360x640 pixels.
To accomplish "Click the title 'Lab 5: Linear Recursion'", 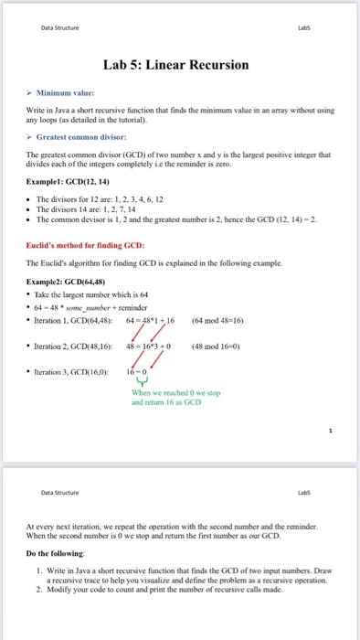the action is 180,64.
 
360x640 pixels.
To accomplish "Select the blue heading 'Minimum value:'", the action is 66,93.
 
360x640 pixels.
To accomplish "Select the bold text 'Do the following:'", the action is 56,553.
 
